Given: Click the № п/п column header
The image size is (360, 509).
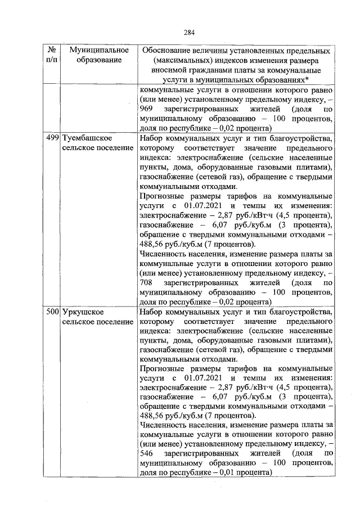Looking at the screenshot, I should click(x=49, y=55).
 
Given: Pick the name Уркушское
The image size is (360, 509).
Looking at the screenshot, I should click(x=82, y=311).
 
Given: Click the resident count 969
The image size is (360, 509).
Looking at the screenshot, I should click(x=145, y=108).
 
